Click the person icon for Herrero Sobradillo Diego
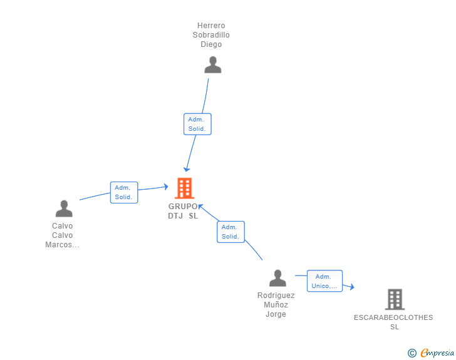click(213, 65)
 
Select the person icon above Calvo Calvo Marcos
click(64, 208)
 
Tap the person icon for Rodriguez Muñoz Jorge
click(277, 278)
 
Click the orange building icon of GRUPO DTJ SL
click(184, 188)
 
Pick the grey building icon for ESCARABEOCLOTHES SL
click(395, 299)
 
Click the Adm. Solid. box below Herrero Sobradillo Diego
click(197, 124)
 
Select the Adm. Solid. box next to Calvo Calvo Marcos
click(123, 192)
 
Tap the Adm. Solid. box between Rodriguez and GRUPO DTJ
click(231, 232)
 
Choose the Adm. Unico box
click(324, 281)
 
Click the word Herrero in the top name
click(211, 26)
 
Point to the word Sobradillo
click(211, 35)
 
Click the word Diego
click(211, 44)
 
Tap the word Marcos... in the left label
click(62, 245)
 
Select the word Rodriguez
click(276, 296)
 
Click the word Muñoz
click(276, 305)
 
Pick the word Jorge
click(276, 314)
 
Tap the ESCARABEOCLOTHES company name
click(393, 317)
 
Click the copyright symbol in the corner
click(412, 353)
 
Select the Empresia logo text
click(437, 353)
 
